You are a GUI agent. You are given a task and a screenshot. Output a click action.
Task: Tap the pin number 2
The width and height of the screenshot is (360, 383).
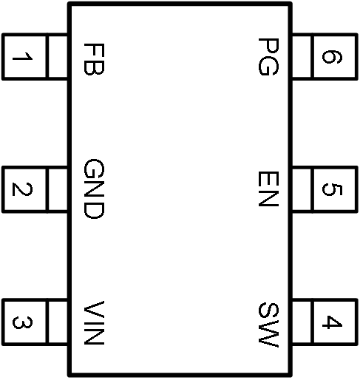click(22, 189)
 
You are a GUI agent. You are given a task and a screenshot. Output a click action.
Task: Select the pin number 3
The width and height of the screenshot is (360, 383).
click(22, 322)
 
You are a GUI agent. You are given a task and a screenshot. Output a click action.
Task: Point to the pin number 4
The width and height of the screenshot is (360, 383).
click(332, 322)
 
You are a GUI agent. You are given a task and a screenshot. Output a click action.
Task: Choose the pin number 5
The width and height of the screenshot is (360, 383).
click(332, 189)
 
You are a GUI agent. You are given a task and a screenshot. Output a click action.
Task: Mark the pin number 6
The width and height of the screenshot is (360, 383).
click(332, 57)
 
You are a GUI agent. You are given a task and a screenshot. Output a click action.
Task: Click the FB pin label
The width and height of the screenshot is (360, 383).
click(94, 59)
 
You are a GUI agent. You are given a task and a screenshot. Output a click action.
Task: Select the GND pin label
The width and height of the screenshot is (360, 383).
click(94, 189)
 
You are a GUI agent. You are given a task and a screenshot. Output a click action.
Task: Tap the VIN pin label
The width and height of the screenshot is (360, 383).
click(94, 322)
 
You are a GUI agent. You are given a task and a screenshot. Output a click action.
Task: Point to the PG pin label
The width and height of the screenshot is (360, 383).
click(268, 57)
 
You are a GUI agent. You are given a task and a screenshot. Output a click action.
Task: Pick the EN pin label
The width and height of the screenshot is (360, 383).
click(268, 189)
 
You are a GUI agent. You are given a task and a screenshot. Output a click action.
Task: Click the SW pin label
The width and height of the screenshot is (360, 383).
click(268, 325)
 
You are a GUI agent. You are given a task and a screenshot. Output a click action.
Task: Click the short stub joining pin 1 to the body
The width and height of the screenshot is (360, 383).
click(58, 57)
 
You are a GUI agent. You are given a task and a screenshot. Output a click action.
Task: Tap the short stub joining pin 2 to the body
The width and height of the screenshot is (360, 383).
click(58, 189)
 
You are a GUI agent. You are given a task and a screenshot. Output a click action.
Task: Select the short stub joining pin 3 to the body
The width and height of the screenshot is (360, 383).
click(58, 322)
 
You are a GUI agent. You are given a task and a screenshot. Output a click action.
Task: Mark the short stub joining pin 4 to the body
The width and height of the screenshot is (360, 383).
click(302, 322)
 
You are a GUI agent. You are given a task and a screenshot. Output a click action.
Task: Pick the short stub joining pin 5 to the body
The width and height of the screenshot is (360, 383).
click(302, 189)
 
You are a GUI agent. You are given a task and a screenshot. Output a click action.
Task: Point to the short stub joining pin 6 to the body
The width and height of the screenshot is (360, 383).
click(302, 57)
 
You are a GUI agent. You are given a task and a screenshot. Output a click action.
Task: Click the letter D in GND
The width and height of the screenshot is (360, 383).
click(94, 210)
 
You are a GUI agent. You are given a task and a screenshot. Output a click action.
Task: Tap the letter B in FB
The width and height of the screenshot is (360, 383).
click(94, 67)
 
